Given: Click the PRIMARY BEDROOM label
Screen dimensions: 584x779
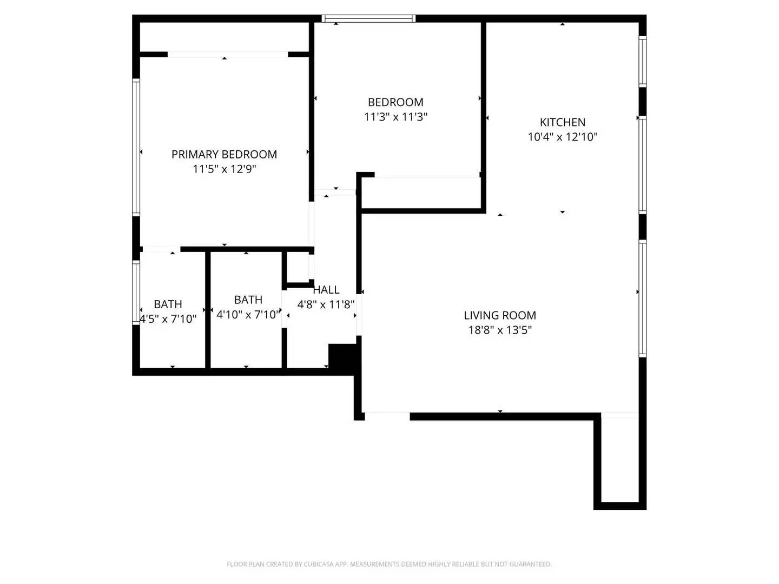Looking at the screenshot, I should click(224, 155).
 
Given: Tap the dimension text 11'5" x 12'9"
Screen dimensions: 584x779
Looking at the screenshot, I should click(224, 169).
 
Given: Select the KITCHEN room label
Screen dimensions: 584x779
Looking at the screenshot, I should click(562, 122).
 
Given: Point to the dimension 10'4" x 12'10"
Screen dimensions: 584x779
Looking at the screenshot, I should click(562, 137).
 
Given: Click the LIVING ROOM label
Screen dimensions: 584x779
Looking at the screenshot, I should click(500, 315).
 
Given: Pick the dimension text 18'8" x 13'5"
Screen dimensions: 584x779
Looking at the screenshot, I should click(500, 330).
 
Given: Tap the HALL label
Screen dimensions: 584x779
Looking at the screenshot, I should click(326, 290).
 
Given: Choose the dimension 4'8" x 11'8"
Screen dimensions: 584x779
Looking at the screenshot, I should click(326, 304).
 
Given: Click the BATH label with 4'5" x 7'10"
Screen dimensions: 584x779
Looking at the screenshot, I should click(168, 304).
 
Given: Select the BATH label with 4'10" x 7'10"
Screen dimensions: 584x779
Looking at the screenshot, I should click(248, 300).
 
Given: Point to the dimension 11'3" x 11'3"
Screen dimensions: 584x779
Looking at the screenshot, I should click(395, 117).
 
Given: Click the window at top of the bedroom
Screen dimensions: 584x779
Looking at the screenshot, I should click(368, 18).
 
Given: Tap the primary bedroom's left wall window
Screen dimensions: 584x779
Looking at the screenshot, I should click(136, 147).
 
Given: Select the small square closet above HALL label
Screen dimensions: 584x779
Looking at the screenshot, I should click(298, 267).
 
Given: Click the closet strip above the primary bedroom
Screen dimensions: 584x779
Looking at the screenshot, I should click(224, 37).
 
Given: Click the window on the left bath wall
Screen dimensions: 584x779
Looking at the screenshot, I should click(136, 292).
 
